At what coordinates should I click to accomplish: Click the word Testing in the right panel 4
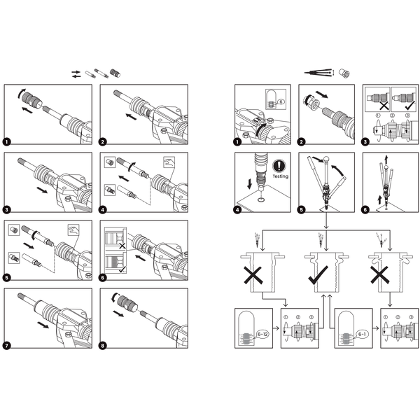281,176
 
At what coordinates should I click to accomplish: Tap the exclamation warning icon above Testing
279,166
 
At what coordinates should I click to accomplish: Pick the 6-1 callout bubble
362,334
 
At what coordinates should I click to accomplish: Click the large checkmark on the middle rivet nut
318,275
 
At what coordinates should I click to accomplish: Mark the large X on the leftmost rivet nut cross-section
253,275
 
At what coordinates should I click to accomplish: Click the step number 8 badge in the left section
103,346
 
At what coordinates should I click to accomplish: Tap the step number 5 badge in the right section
302,210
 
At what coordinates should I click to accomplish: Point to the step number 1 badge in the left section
7,141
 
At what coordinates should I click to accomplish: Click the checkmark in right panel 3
410,105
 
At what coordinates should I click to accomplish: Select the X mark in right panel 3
384,106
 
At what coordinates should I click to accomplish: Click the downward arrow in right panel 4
250,184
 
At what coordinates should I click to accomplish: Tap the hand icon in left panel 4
169,162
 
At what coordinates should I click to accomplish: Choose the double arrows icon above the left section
76,74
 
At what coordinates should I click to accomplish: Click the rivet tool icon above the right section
319,73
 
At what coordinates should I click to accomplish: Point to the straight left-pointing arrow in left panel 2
132,116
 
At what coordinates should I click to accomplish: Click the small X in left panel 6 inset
122,246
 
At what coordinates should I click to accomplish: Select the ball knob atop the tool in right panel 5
326,159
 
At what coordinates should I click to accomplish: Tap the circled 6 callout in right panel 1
281,101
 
